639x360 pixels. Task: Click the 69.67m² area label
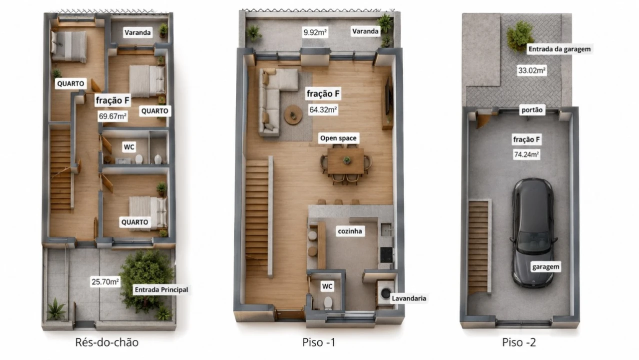(112, 116)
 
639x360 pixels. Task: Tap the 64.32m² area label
(323, 109)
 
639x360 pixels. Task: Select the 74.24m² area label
(526, 154)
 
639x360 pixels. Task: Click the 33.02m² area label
(531, 70)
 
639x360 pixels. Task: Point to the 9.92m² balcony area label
(315, 32)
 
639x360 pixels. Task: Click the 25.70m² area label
(105, 282)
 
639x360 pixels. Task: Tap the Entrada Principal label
(161, 290)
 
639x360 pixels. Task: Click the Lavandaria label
(409, 298)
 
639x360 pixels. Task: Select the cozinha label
(349, 231)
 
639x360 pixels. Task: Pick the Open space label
(338, 138)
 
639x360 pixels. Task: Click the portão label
(531, 110)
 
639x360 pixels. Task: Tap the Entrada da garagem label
(559, 49)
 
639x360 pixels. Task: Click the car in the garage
(533, 232)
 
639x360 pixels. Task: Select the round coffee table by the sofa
(293, 114)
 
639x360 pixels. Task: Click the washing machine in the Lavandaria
(385, 293)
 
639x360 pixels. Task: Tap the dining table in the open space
(345, 160)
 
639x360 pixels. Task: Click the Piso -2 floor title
(519, 342)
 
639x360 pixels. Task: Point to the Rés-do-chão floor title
(107, 342)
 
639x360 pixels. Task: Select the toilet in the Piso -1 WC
(328, 303)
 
